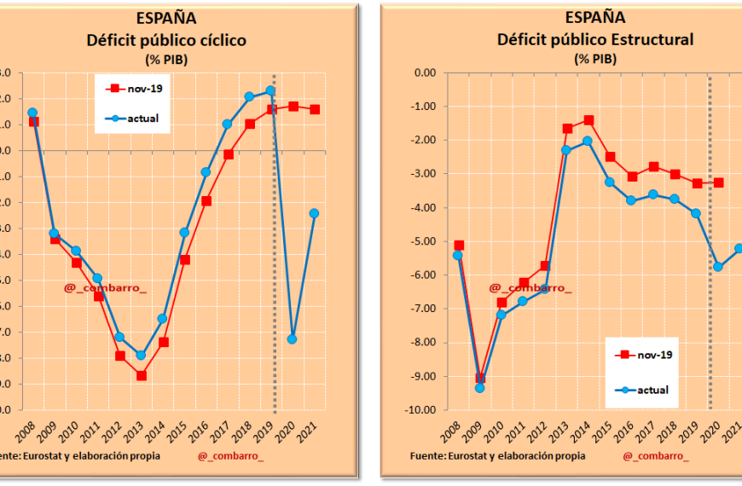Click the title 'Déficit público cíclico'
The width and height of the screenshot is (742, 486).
[166, 39]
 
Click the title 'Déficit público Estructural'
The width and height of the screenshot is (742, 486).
[594, 39]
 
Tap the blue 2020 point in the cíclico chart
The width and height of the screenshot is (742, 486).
[293, 338]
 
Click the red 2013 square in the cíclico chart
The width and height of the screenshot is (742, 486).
[142, 375]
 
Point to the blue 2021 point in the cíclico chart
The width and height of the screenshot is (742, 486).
[315, 213]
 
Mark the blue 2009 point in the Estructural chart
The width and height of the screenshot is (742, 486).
[479, 388]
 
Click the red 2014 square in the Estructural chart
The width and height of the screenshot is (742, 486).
[588, 120]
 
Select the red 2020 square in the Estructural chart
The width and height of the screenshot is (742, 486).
[718, 182]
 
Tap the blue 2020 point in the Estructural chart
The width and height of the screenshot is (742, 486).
[718, 267]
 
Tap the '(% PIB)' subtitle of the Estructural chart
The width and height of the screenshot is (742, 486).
[595, 59]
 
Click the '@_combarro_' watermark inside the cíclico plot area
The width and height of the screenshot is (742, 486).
[105, 288]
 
